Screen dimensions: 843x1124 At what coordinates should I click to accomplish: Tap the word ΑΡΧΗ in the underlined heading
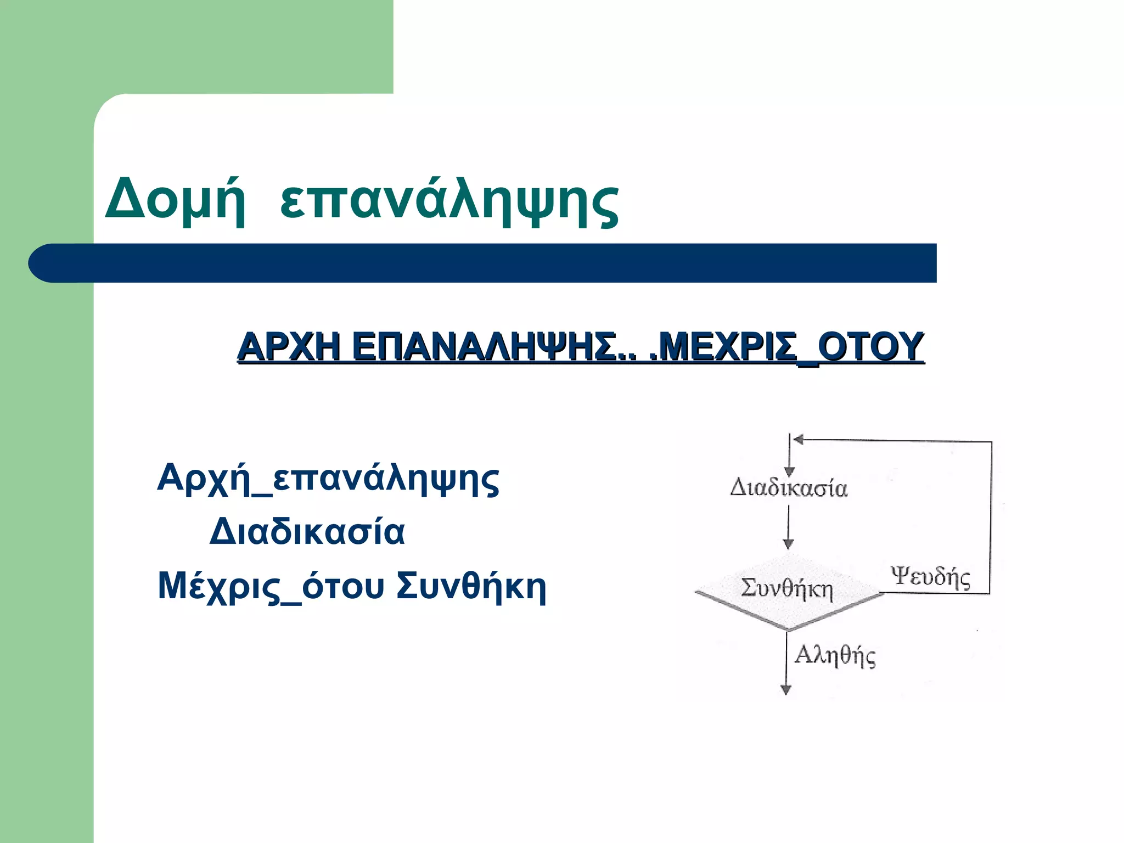pos(289,347)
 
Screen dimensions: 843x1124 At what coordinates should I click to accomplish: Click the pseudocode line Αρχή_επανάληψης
pos(328,479)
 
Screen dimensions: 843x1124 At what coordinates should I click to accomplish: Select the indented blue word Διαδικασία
pos(307,532)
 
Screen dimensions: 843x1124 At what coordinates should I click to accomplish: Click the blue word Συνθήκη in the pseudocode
pos(471,586)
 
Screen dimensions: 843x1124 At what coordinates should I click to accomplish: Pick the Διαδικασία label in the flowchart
pos(789,487)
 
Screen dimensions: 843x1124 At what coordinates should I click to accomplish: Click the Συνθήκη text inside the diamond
pos(786,588)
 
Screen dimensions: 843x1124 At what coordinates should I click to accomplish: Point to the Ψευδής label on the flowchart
pos(930,577)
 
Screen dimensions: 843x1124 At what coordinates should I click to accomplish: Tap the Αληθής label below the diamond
pos(835,655)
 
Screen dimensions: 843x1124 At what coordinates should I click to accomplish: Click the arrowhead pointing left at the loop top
pos(799,440)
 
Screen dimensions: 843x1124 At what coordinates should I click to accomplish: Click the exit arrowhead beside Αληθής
pos(786,690)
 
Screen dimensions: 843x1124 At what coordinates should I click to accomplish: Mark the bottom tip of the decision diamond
pos(788,629)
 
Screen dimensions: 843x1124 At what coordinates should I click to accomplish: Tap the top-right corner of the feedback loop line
pos(991,442)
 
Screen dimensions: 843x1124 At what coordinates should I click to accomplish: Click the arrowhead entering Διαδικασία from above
pos(789,472)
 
